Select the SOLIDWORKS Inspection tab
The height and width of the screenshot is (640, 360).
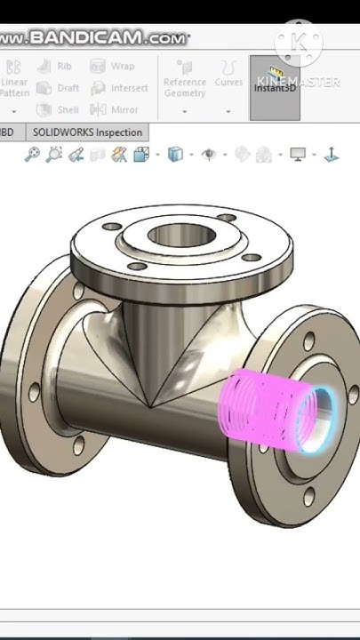tap(87, 132)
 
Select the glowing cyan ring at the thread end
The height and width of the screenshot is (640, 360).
tap(316, 420)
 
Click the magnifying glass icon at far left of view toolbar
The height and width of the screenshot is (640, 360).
tap(32, 155)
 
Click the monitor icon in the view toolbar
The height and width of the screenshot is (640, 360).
tap(298, 155)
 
